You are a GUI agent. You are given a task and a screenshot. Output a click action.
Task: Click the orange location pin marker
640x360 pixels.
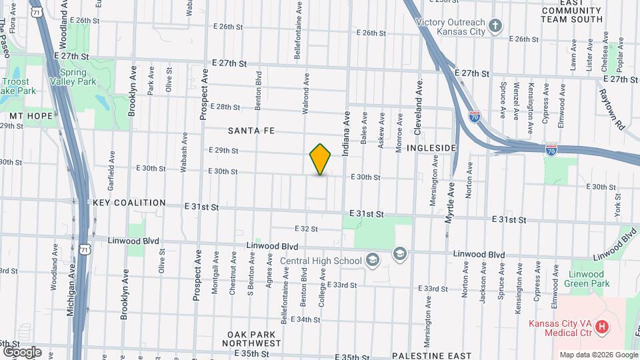[x=321, y=159]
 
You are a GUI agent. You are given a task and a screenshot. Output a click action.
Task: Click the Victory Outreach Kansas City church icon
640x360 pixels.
[x=495, y=27]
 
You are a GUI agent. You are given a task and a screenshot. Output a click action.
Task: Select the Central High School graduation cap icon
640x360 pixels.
[x=399, y=253]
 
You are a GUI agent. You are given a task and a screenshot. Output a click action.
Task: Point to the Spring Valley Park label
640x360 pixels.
[x=78, y=77]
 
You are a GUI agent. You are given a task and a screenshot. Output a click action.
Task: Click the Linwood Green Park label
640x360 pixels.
[x=587, y=279]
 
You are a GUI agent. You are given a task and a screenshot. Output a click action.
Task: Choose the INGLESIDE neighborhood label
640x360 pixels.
[x=431, y=147]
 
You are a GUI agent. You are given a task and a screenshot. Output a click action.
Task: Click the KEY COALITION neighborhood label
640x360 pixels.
[x=129, y=203]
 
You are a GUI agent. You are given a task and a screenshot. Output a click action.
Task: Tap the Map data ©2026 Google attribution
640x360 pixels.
[x=598, y=355]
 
